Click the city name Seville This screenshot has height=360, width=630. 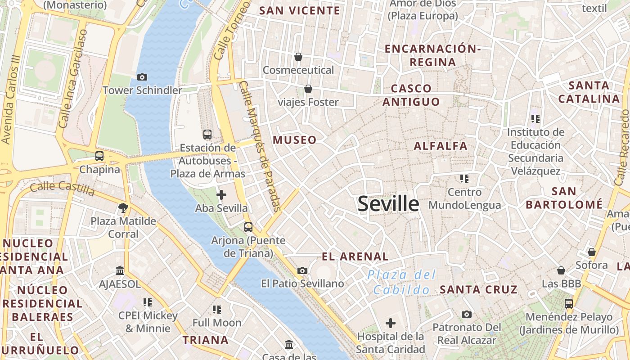[x=388, y=204]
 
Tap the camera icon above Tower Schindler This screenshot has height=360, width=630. [x=142, y=77]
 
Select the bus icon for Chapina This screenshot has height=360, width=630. [x=99, y=156]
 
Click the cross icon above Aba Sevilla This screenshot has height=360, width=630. [x=221, y=195]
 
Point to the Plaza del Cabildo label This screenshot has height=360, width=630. [x=401, y=282]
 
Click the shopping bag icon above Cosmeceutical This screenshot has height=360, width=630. [x=298, y=57]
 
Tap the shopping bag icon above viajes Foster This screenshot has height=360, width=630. [x=308, y=89]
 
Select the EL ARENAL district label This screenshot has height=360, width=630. [x=355, y=256]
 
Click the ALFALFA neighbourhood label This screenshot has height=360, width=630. [x=441, y=146]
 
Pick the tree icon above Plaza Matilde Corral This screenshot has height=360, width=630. [x=123, y=207]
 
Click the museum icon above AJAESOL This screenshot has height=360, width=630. [x=120, y=271]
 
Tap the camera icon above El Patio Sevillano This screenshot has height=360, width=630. [x=302, y=270]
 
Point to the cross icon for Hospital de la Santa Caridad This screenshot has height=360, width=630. [x=390, y=323]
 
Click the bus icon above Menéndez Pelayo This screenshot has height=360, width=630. [x=569, y=304]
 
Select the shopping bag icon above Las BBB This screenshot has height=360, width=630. [x=561, y=270]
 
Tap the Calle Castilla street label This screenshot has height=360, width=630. [x=63, y=189]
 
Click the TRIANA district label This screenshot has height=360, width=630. [x=206, y=340]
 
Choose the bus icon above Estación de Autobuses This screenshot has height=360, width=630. [x=207, y=134]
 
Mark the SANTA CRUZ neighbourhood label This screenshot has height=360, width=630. [x=479, y=289]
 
